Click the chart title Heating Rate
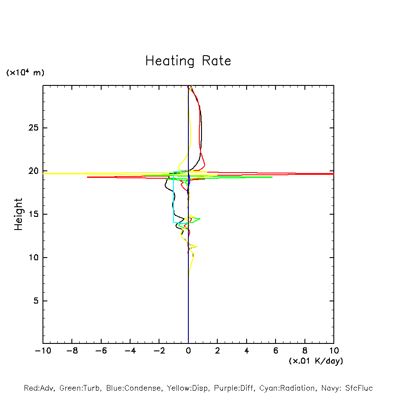[188, 61]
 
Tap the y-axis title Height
[18, 214]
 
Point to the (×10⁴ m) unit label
[25, 73]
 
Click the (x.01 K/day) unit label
[316, 361]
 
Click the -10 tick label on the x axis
[42, 351]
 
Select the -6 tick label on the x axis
[101, 351]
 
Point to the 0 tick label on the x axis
[188, 351]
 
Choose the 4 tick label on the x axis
[247, 351]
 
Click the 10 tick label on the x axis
[333, 351]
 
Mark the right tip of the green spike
[272, 177]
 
